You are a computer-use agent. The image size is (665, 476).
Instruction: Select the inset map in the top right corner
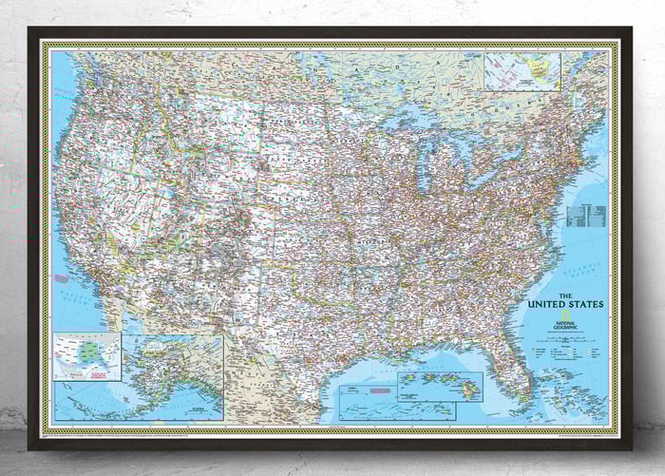coord(522,71)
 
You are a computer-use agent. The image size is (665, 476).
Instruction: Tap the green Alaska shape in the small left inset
coord(88,350)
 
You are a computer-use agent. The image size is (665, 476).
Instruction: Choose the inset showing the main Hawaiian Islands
coord(439,385)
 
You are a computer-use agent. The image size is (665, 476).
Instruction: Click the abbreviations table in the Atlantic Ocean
coord(585,216)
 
